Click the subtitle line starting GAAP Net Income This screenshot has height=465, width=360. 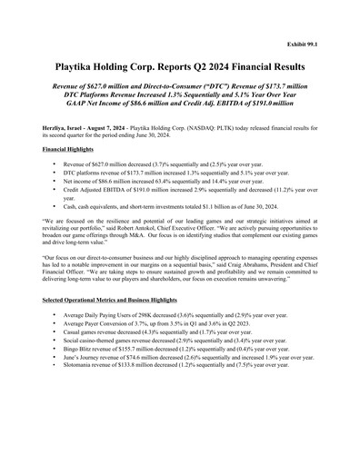[x=180, y=106]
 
